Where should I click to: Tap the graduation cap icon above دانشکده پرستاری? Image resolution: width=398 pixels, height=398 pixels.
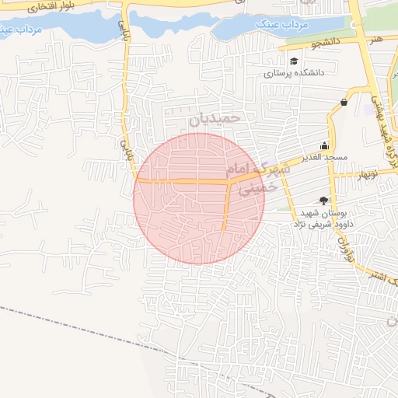click(293, 61)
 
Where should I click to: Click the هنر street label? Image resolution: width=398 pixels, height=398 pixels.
click(376, 37)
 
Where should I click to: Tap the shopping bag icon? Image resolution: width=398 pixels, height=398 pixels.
click(344, 102)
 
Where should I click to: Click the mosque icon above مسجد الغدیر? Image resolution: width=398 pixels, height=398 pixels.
click(324, 145)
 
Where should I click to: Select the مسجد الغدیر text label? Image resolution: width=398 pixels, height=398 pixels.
click(326, 157)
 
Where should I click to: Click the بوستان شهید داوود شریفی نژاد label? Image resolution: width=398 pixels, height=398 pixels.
click(322, 218)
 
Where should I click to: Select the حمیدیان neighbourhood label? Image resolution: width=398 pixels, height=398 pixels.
click(215, 120)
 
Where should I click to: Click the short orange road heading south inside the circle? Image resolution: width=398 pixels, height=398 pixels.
click(226, 207)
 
